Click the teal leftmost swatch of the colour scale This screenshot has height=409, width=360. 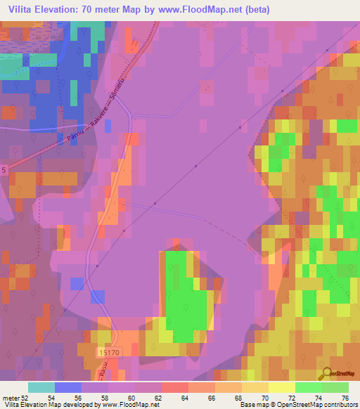coord(41,387)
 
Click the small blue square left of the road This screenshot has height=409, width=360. coord(77,283)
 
